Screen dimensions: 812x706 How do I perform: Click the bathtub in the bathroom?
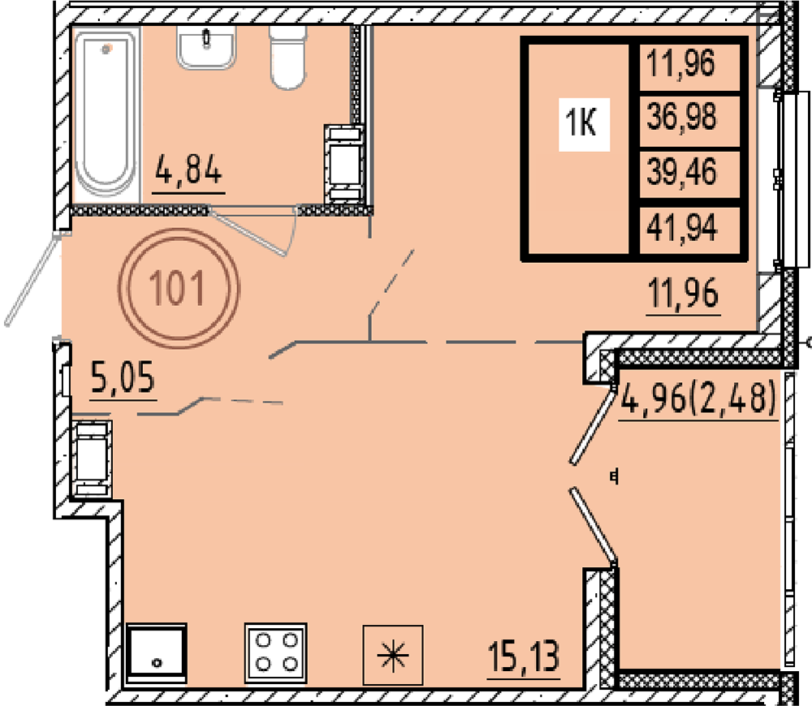pyautogui.click(x=106, y=112)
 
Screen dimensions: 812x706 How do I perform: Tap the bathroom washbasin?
pyautogui.click(x=206, y=47)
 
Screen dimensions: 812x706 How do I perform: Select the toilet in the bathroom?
pyautogui.click(x=287, y=57)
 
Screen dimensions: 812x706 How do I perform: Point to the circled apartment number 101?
pyautogui.click(x=179, y=288)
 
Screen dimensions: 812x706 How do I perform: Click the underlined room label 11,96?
pyautogui.click(x=684, y=293)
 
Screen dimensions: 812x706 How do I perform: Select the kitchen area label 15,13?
pyautogui.click(x=524, y=656)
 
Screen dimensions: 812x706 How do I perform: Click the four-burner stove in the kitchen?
pyautogui.click(x=276, y=653)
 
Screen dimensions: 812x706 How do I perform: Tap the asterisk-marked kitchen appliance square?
pyautogui.click(x=393, y=655)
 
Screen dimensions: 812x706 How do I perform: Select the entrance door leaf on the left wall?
pyautogui.click(x=31, y=280)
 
